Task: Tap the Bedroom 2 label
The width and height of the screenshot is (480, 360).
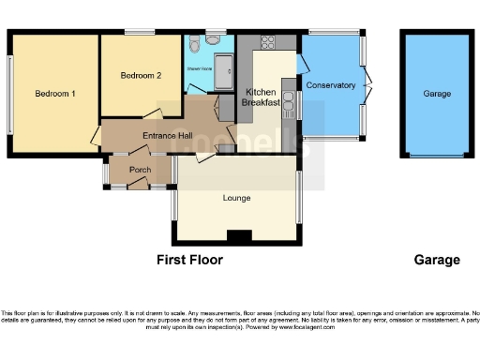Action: tap(141, 75)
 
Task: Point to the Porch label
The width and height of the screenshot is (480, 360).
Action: tap(140, 170)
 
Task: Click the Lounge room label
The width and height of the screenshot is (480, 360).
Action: tap(236, 198)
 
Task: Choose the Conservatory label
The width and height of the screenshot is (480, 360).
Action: tap(330, 85)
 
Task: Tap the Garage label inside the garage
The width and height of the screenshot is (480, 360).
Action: tap(437, 94)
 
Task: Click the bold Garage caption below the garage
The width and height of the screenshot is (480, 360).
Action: tap(437, 260)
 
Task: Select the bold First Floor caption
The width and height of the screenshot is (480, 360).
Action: tap(189, 260)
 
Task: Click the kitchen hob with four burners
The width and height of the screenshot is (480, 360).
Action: tap(265, 42)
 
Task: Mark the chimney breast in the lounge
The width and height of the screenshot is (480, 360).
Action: tap(240, 235)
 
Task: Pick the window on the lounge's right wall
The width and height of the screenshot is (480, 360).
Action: tap(301, 199)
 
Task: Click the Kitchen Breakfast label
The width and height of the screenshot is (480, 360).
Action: tap(262, 97)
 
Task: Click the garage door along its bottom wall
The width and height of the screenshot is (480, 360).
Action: tap(437, 156)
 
